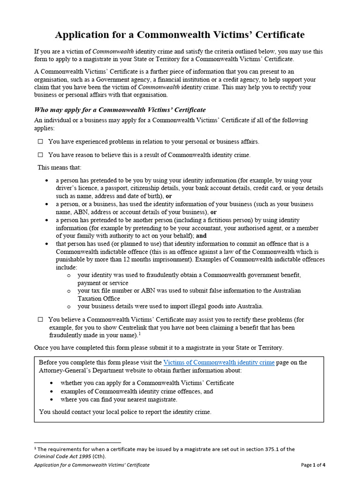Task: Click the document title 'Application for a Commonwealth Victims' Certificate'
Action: pos(180,35)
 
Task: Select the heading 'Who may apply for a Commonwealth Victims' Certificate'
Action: pos(120,110)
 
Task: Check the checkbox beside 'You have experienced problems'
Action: pos(40,141)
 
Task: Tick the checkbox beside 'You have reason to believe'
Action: pos(40,155)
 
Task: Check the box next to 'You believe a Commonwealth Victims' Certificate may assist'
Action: pos(40,319)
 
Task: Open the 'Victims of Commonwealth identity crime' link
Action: pos(218,362)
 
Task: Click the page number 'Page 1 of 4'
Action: pos(313,465)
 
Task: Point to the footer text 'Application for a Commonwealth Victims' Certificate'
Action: pos(92,465)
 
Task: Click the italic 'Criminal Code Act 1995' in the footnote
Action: pos(62,456)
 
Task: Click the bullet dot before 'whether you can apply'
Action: pos(51,383)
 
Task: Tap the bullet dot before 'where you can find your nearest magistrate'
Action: pos(51,399)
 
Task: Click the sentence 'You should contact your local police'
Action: pos(125,412)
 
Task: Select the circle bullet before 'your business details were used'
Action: pos(69,307)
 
